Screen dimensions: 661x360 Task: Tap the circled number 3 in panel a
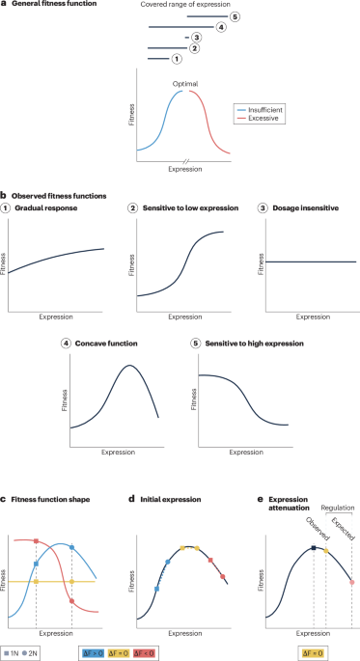(x=196, y=38)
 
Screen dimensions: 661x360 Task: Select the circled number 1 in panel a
(x=175, y=59)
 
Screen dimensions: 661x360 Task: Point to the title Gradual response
(x=54, y=209)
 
